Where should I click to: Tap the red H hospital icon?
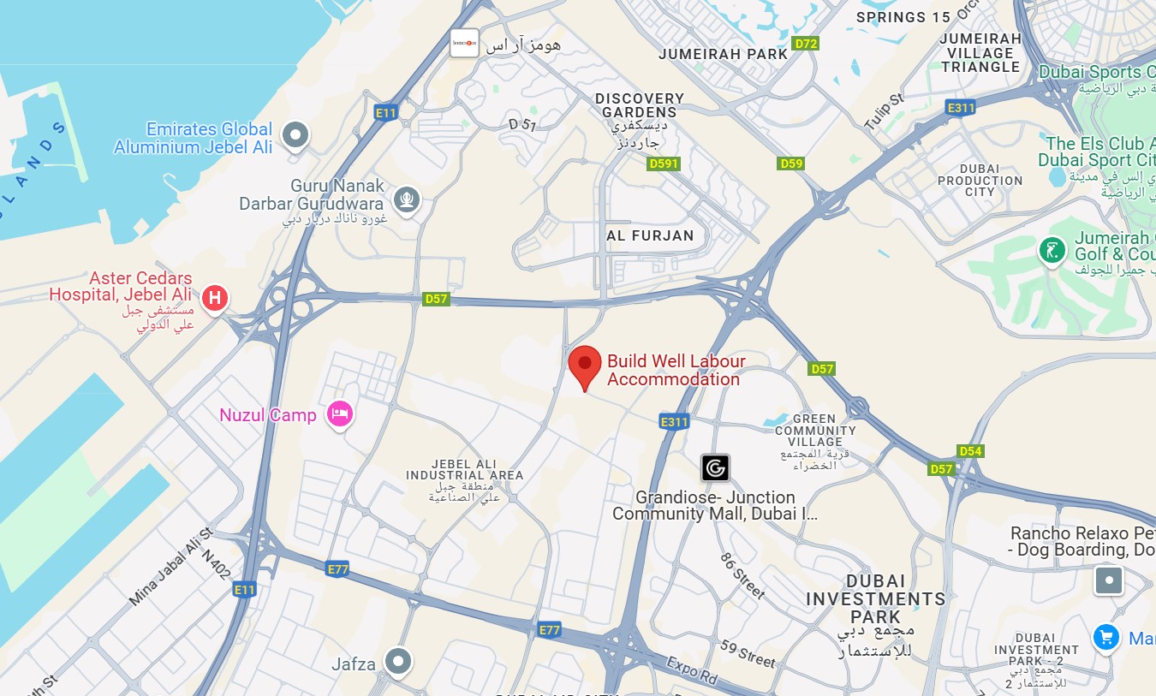214,299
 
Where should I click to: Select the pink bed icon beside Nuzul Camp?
341,415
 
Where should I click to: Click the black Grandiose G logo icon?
715,467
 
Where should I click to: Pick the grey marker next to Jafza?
397,661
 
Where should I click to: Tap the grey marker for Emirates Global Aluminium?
295,134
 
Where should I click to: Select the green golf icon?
1052,251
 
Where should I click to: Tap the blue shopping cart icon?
1106,637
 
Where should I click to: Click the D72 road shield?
806,43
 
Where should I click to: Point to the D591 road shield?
664,164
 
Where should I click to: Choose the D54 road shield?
970,451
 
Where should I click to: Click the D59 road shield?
791,164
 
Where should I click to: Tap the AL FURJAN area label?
650,235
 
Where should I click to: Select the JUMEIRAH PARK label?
724,54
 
